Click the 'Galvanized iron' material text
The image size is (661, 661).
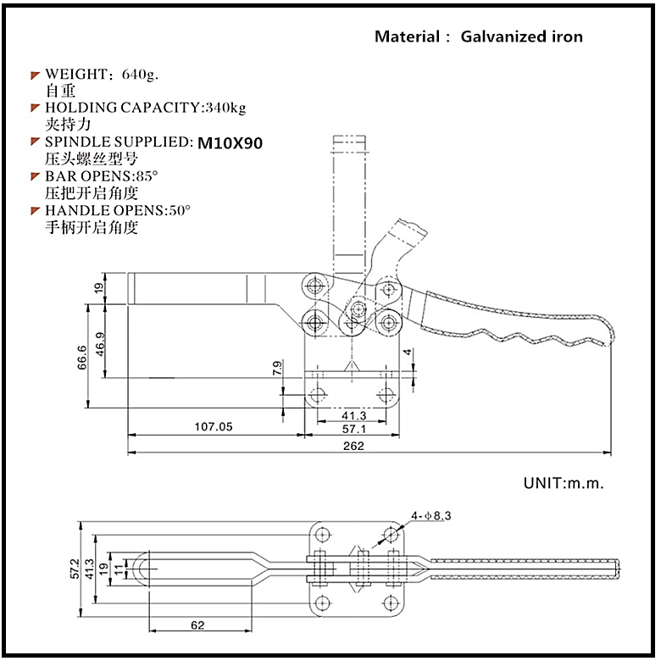pos(521,36)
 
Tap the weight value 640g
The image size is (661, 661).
pos(140,75)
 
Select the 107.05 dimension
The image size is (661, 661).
pos(214,427)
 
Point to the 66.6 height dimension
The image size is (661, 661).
pos(81,358)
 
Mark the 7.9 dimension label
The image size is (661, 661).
pos(276,368)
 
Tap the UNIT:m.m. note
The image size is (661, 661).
pos(563,484)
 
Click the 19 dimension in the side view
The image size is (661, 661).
pos(99,287)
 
